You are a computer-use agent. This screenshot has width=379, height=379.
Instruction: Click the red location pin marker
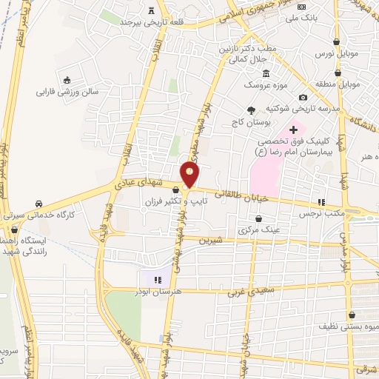190,174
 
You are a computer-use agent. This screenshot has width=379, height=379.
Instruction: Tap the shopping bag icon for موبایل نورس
338,42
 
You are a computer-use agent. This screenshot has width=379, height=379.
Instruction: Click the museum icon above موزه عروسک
266,73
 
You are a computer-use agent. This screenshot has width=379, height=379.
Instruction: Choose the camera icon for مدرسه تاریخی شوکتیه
303,98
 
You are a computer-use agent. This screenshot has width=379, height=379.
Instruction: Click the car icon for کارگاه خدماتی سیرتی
38,204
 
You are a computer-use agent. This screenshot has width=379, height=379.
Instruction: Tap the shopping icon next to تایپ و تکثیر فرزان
175,190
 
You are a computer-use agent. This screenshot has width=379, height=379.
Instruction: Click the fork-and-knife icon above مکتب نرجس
321,201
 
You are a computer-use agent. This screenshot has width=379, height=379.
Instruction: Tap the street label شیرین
212,241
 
